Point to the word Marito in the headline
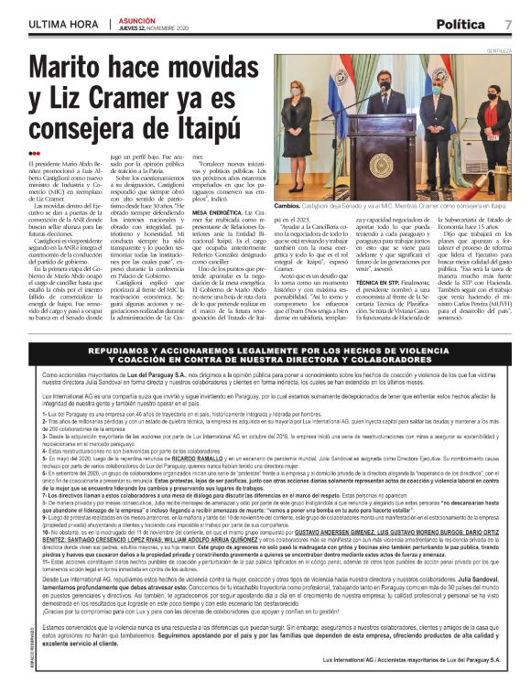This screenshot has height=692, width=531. [x=74, y=69]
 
